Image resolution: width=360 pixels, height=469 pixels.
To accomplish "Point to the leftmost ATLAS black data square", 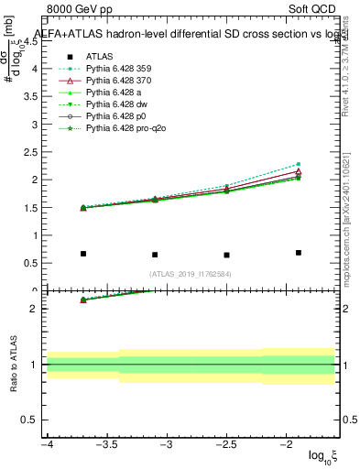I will (83, 254).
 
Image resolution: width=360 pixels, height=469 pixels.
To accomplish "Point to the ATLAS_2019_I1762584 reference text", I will (191, 274).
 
